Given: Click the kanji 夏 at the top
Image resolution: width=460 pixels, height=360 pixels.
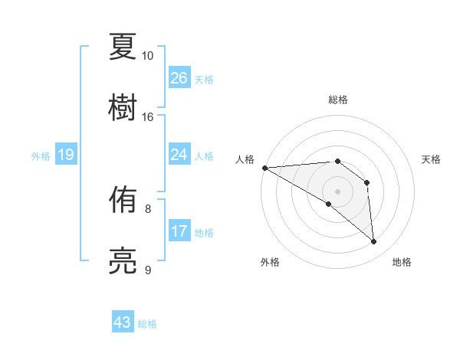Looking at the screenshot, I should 123,47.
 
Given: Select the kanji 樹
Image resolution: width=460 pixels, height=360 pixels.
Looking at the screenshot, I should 123,106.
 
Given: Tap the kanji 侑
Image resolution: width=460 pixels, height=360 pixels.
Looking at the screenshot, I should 123,201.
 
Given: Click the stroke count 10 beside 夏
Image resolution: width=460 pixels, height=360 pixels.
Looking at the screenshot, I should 147,56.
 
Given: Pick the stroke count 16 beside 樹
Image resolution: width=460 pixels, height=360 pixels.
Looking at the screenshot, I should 147,116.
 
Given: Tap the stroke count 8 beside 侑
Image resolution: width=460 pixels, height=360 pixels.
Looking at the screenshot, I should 148,208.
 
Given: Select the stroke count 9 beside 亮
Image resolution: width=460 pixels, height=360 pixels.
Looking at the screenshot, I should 148,270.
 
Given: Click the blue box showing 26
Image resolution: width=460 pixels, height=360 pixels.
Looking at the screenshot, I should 179,78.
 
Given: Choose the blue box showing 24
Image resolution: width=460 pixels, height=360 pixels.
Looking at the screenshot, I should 179,155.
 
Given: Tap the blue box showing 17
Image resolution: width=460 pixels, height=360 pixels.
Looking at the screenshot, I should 179,231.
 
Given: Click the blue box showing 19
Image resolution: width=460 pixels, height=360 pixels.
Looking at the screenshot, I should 66,155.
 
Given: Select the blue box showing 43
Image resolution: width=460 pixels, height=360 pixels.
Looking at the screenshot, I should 123,323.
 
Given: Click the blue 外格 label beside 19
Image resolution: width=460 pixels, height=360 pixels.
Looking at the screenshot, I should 41,156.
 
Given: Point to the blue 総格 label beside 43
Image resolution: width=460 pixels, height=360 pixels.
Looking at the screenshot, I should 147,324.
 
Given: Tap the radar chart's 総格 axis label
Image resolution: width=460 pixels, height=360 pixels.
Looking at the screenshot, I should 338,100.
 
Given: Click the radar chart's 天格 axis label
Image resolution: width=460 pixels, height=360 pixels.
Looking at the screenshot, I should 432,159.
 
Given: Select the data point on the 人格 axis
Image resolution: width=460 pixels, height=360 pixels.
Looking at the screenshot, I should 264,168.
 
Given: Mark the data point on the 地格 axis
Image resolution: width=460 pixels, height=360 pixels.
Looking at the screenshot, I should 374,242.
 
